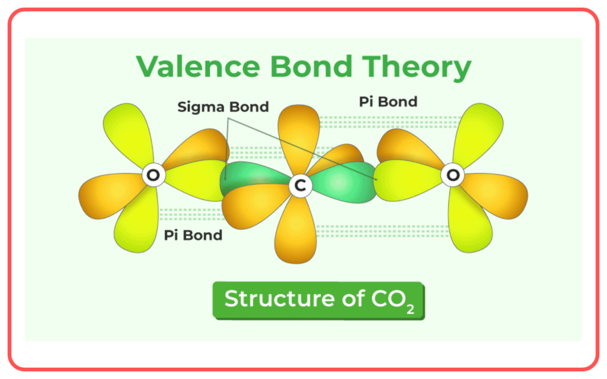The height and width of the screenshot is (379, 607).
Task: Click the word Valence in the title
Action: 198,66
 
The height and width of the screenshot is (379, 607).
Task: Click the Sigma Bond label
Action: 223,107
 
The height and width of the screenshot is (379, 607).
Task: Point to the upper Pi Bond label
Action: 388,102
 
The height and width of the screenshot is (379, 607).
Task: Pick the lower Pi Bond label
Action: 193,235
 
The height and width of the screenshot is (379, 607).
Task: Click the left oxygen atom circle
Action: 154,175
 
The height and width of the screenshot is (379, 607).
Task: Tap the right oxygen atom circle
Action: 452,175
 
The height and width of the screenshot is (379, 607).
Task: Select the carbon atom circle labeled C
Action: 301,185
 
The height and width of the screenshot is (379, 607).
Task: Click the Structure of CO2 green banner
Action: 318,300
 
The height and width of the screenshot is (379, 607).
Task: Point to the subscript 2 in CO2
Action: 410,310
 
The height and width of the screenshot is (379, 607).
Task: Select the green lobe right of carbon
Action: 343,182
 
